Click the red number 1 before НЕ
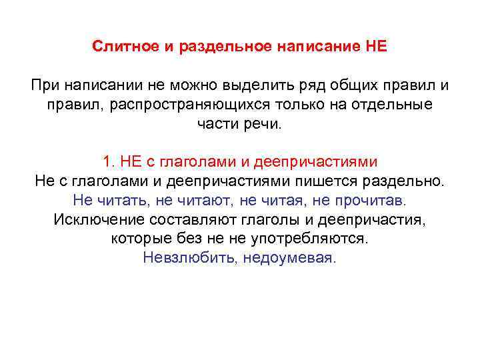pyautogui.click(x=107, y=162)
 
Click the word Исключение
pyautogui.click(x=95, y=219)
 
